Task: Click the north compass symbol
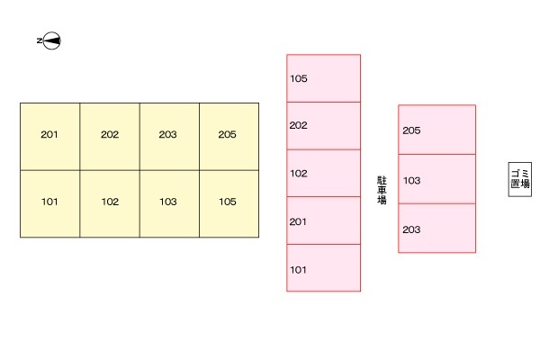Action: pos(52,40)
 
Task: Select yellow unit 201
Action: pos(49,137)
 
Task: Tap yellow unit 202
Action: pos(110,137)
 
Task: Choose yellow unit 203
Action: pos(169,137)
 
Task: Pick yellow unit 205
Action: pos(229,137)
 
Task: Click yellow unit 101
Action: pos(49,204)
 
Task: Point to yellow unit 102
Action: pos(110,204)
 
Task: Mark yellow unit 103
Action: pos(169,204)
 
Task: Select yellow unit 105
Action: pos(229,204)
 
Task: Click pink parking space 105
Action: pos(324,78)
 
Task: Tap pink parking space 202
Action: pos(324,126)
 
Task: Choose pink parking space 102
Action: pos(324,173)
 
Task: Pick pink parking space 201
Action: pos(324,220)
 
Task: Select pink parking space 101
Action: pos(324,267)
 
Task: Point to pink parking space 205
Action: pos(437,130)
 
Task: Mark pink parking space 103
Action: pos(437,179)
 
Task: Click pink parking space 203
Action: pos(437,228)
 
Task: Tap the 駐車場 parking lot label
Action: pos(382,190)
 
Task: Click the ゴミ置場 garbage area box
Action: pos(520,179)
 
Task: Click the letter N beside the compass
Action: pos(40,40)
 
